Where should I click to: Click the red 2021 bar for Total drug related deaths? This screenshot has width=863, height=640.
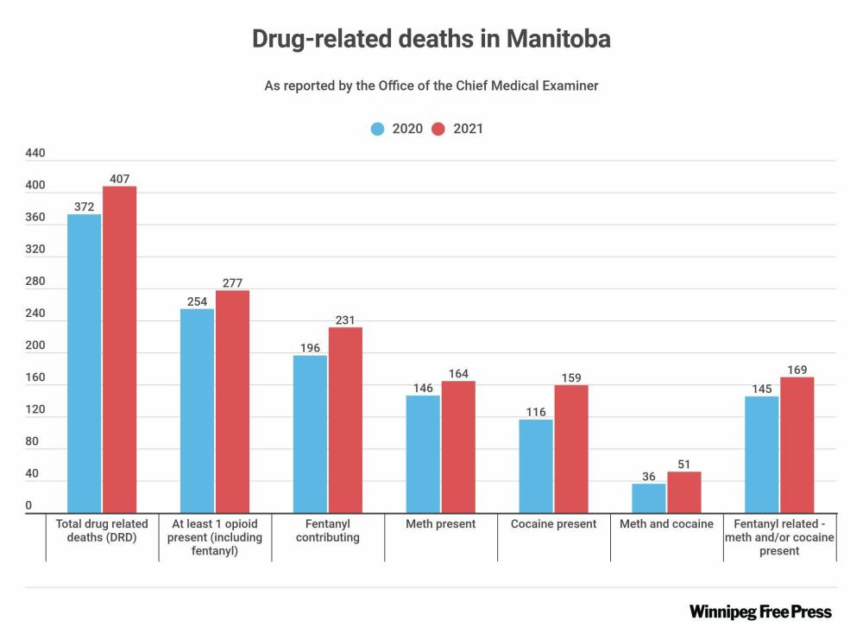(x=120, y=349)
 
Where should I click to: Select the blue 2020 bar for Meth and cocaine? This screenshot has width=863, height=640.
(x=649, y=497)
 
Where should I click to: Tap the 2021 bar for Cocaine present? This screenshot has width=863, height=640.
(x=571, y=448)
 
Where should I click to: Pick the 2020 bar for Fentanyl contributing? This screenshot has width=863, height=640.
(x=311, y=434)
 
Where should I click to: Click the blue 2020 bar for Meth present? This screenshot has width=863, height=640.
(x=424, y=453)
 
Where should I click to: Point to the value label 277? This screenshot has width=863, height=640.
(x=233, y=282)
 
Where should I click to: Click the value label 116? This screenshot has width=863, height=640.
(x=536, y=412)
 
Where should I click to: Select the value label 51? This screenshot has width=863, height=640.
(x=683, y=464)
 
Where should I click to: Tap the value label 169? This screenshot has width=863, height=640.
(x=797, y=370)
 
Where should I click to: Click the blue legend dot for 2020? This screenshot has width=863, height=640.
(x=378, y=129)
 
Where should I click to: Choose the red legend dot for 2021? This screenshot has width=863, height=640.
(x=438, y=129)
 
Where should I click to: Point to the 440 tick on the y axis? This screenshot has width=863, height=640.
(x=35, y=153)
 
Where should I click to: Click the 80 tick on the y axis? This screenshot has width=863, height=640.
(x=32, y=441)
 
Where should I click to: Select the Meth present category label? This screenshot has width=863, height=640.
(x=441, y=524)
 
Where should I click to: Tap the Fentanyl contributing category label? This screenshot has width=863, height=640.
(x=328, y=530)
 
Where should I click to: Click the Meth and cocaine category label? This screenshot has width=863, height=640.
(x=667, y=524)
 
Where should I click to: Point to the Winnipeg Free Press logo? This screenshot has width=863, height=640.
(x=760, y=611)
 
